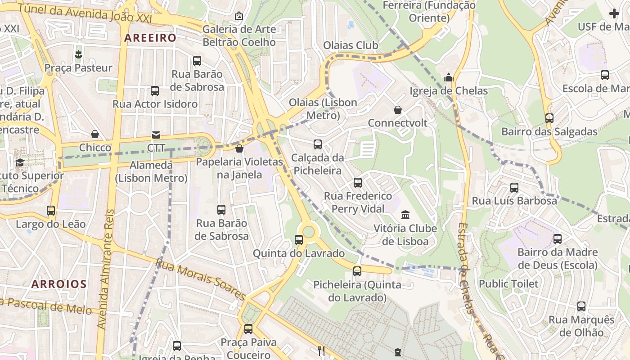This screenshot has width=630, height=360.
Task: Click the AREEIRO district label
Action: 150,38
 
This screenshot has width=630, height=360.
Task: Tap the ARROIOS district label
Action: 59,284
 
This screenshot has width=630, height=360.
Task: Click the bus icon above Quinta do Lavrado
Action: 299,240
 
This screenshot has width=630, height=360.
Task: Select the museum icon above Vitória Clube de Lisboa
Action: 405,215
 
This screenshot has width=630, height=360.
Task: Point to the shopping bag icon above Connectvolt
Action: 398,110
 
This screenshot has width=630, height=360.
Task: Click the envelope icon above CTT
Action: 156,135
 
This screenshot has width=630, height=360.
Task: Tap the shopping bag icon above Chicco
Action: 95,134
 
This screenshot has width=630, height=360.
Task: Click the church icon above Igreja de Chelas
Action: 448,77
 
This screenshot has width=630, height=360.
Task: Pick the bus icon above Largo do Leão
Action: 51,210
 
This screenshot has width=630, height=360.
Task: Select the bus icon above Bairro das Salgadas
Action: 549,118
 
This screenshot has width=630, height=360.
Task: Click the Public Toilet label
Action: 508,283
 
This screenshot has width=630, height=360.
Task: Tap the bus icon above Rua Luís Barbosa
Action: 514,188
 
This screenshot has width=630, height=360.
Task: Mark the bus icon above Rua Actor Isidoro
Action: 155,91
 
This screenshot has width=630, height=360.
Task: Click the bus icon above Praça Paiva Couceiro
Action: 248,329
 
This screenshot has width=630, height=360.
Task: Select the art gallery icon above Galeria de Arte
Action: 239,16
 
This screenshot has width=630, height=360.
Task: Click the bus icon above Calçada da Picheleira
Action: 317,144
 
